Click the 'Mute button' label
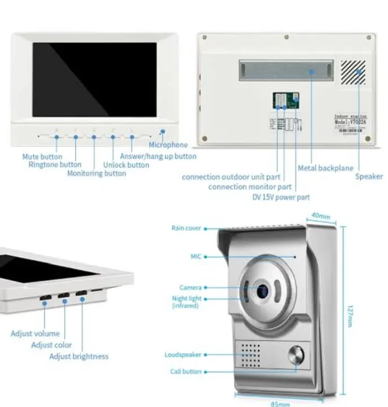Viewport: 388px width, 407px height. point(42,157)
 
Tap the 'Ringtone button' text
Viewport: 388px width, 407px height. point(55,165)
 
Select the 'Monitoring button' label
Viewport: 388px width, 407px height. point(97,174)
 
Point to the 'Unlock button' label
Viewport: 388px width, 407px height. point(126,165)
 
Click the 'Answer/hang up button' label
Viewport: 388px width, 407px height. point(158,156)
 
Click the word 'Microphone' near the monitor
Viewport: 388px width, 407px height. point(168,145)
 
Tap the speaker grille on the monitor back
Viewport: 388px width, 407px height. point(352,72)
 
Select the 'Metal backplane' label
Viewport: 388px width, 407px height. point(325,168)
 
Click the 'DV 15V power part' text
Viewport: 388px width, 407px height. point(281,197)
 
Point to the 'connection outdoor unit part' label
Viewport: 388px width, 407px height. point(231,177)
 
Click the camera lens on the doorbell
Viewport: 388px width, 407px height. point(262,291)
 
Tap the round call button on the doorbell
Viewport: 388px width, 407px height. point(295,356)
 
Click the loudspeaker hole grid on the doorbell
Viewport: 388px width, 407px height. point(251,354)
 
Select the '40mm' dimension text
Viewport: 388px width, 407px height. point(321,215)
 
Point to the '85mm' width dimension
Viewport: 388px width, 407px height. point(280,404)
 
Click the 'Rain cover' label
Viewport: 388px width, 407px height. point(186,228)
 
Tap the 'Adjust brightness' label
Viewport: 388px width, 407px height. point(79,356)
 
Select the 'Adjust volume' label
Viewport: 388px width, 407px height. point(35,334)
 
